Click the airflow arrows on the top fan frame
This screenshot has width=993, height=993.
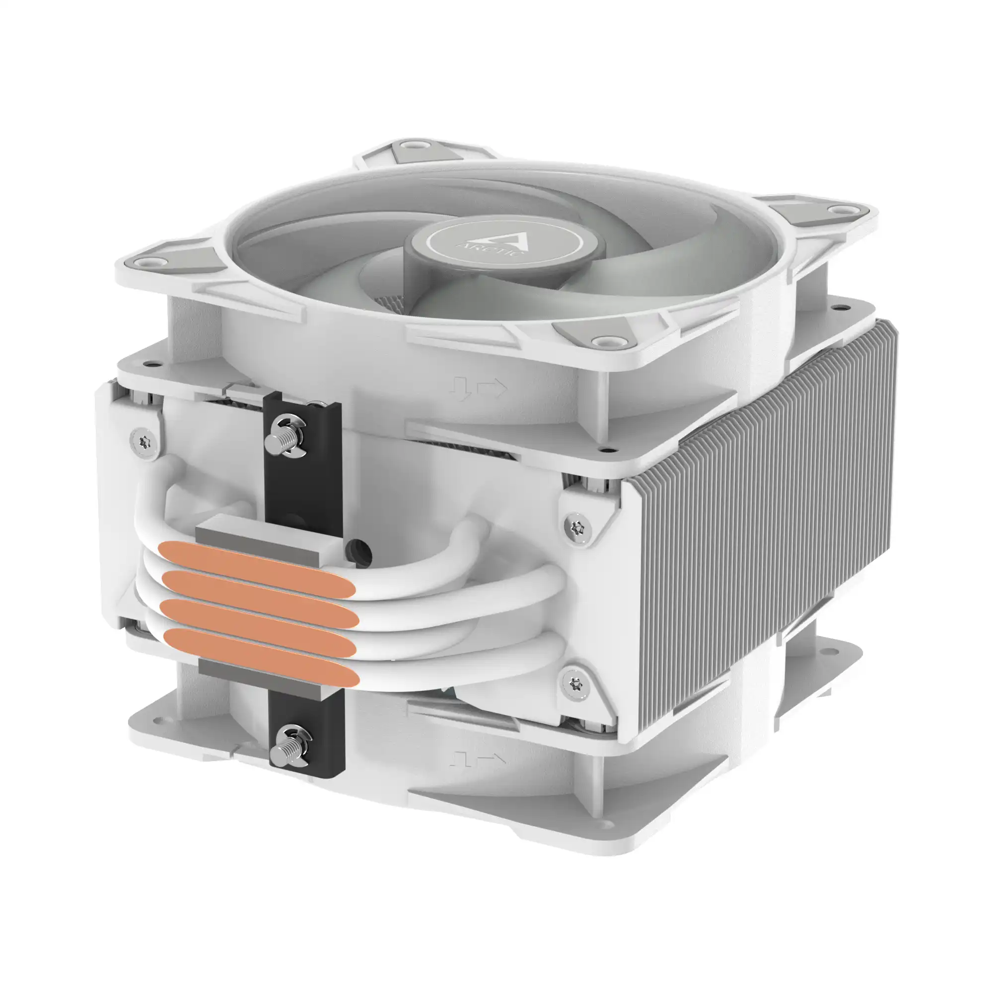[x=478, y=389]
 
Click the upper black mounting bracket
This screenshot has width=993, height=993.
[x=303, y=463]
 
